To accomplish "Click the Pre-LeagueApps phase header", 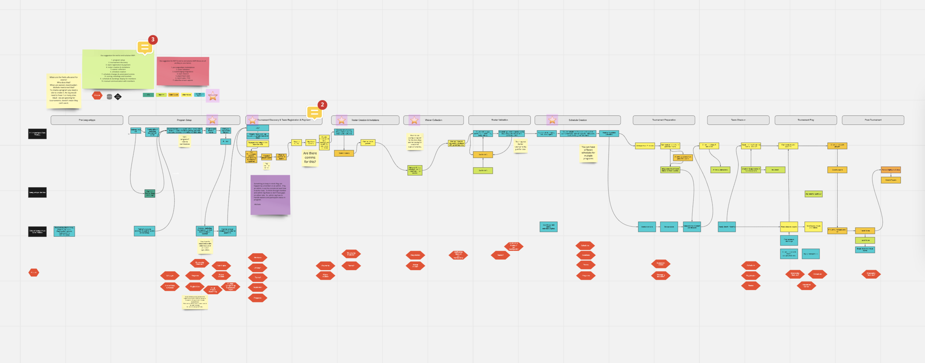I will pos(87,120).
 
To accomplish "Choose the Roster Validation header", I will pos(499,120).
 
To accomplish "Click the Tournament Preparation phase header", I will pos(664,120).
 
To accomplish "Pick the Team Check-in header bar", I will pos(738,120).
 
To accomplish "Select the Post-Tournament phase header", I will pos(873,120).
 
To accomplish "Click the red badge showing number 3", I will pos(153,40).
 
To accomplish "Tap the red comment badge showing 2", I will pos(322,105).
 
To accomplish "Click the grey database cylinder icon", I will pos(109,97).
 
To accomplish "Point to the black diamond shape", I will pos(118,97).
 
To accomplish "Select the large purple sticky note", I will pos(270,195).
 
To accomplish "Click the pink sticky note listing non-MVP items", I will pos(183,71).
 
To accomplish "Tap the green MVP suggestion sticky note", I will pos(118,69).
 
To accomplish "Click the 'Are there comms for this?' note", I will pos(310,157).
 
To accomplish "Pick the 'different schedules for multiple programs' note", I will pos(588,153).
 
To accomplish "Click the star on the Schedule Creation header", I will pos(552,120).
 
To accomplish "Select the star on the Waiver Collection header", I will pos(414,120).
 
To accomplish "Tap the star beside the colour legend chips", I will pos(213,96).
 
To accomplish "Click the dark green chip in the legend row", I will pos(148,95).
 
